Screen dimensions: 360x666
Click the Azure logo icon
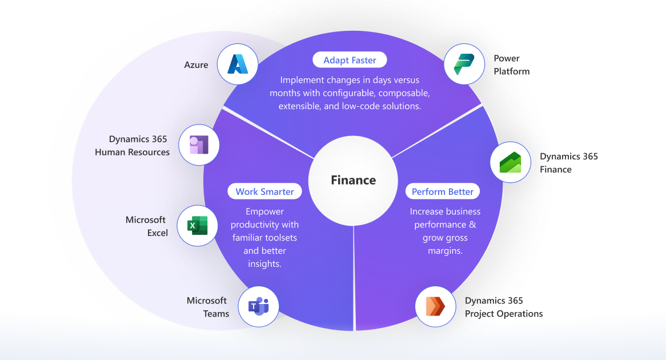(x=237, y=64)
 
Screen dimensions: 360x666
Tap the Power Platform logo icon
(x=464, y=64)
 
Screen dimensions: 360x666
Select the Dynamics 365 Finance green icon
(x=511, y=162)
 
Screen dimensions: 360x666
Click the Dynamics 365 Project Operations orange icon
(x=435, y=306)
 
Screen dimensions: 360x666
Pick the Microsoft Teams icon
(x=258, y=306)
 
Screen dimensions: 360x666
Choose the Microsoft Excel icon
(x=197, y=226)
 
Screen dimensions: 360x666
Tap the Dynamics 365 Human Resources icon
(x=199, y=145)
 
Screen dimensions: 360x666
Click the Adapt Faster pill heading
(x=349, y=60)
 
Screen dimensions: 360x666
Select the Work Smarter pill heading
(x=264, y=191)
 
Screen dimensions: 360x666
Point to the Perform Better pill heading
(x=443, y=191)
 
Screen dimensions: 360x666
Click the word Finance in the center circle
(x=354, y=180)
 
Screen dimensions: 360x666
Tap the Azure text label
(x=196, y=65)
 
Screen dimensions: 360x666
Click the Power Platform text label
(x=512, y=65)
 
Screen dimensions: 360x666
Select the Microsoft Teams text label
(x=207, y=307)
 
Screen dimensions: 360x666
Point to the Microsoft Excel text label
(x=146, y=226)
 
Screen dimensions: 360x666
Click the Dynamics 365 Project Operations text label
(x=503, y=307)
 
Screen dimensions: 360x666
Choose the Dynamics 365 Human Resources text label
(x=132, y=146)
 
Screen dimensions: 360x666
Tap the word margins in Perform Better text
(x=445, y=251)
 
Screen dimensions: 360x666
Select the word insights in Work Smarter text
(x=264, y=263)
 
